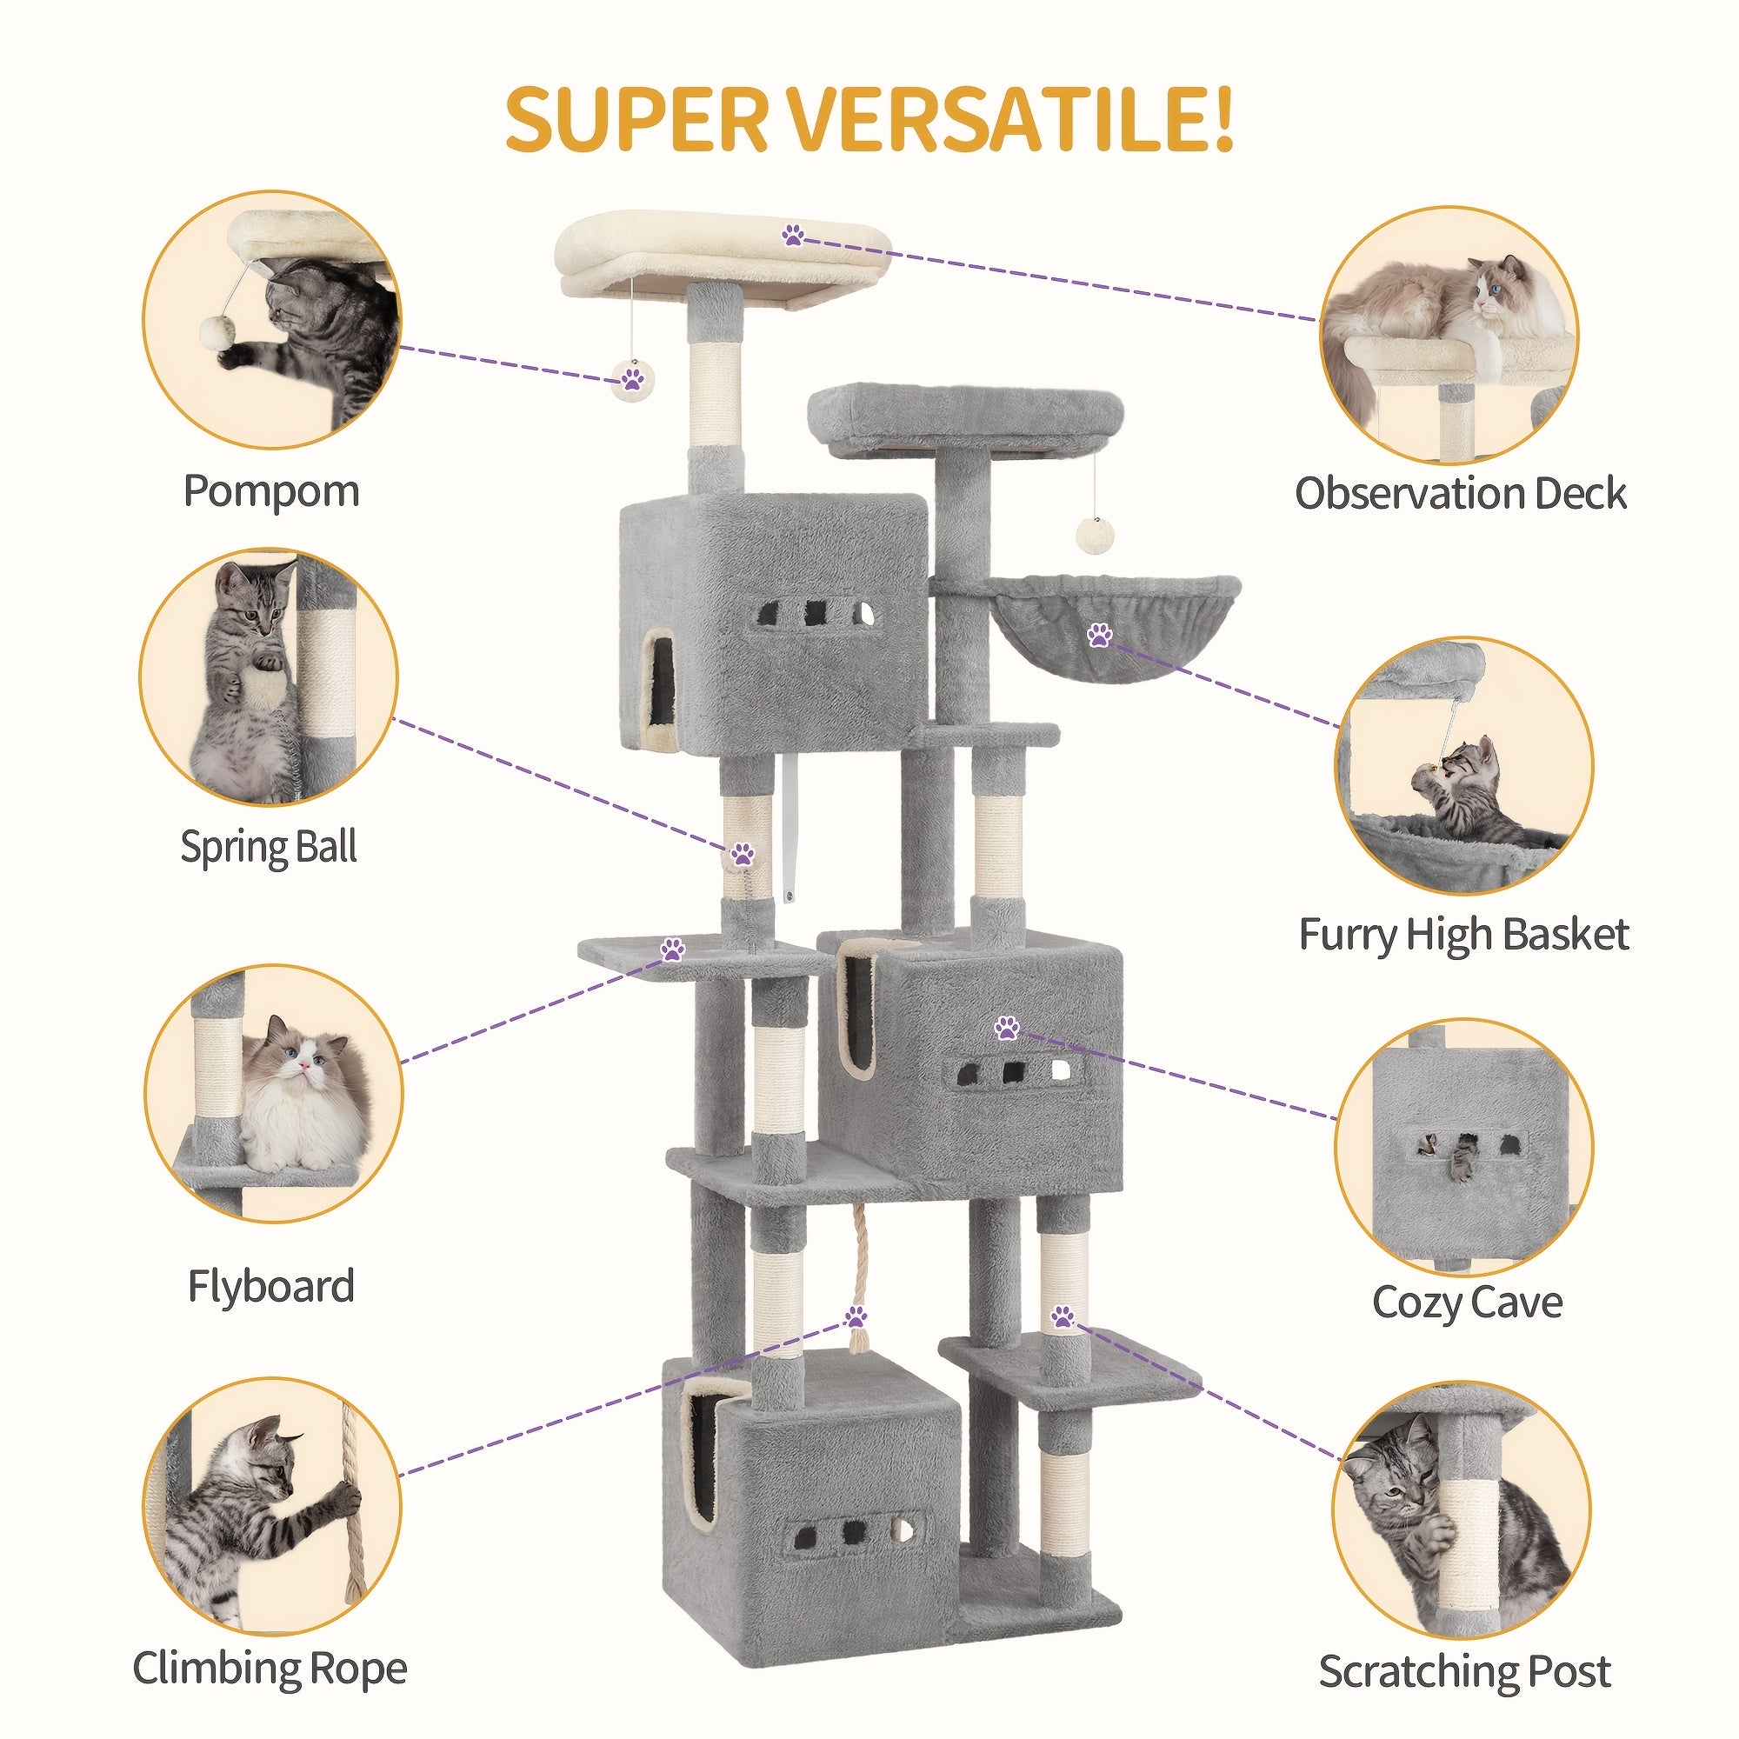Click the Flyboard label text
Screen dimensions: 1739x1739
click(271, 1286)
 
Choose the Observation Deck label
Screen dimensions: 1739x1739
click(1460, 494)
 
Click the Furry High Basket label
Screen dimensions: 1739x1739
click(1463, 936)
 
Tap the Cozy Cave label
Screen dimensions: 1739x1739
click(1467, 1303)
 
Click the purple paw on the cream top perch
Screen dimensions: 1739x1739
click(793, 236)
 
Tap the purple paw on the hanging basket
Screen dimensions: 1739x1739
click(1099, 635)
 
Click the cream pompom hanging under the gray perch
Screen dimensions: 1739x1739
click(1094, 535)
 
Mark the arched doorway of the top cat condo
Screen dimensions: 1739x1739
click(662, 679)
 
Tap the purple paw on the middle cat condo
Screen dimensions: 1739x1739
click(1006, 1027)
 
